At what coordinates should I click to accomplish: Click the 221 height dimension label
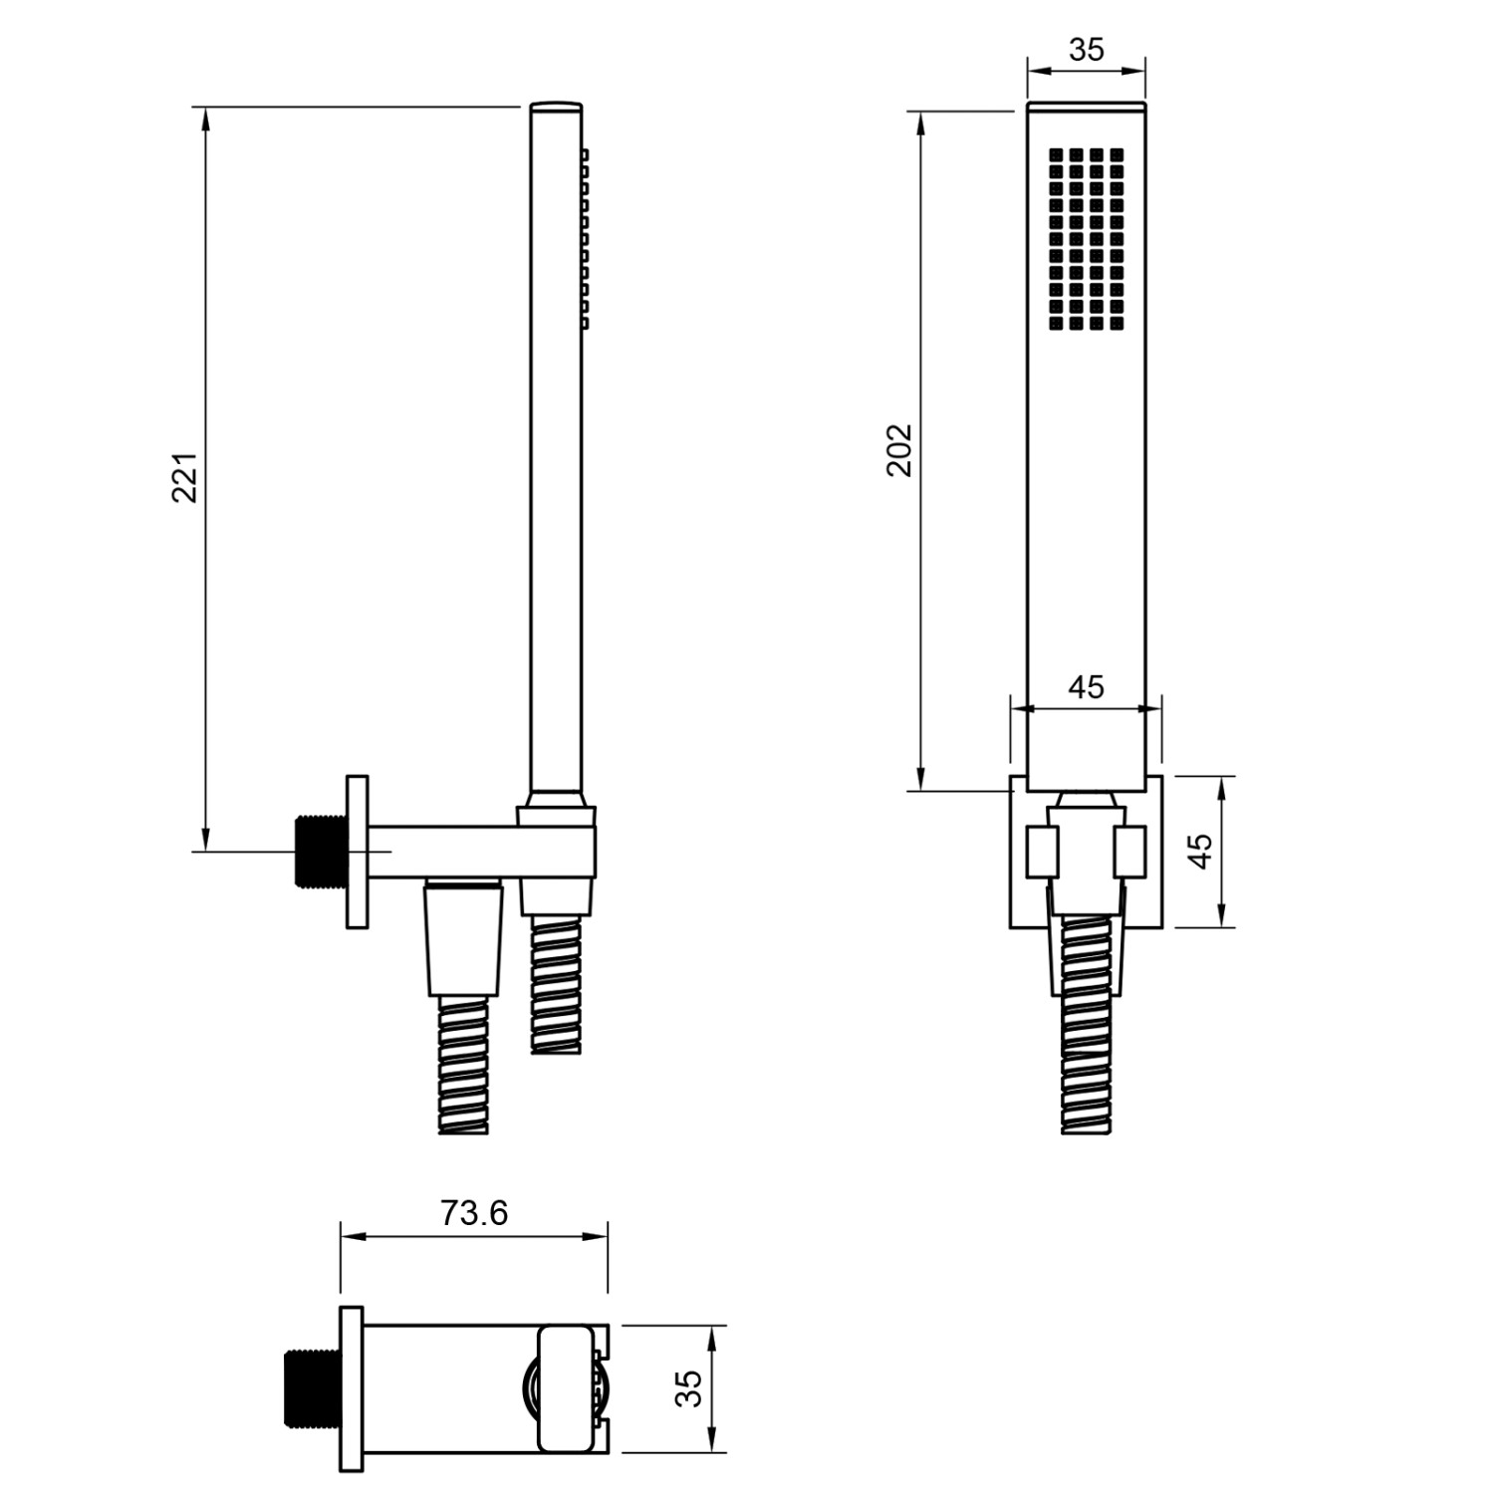coord(186,478)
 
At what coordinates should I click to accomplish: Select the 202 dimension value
coord(900,450)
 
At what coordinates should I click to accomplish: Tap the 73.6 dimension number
coord(474,1213)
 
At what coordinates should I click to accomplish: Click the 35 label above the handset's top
coord(1087,50)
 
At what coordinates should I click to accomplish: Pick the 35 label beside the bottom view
coord(688,1388)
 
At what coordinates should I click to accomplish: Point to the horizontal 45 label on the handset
coord(1086,687)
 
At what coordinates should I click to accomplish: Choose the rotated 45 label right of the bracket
coord(1202,851)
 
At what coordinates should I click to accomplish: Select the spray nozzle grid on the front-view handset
coord(1086,240)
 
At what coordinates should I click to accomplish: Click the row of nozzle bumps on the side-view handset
coord(585,239)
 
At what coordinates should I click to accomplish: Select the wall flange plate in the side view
coord(357,852)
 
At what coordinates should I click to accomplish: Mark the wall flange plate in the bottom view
coord(351,1388)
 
